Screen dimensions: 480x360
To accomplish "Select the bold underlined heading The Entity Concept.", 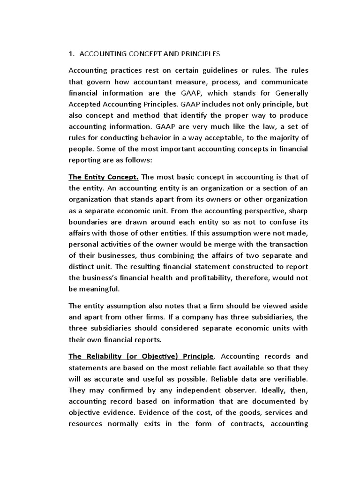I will tap(104, 177).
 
